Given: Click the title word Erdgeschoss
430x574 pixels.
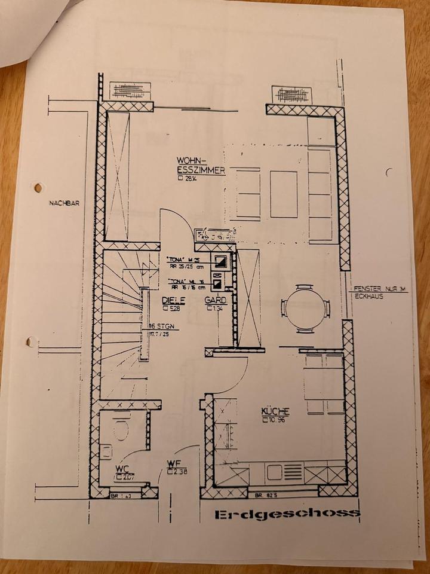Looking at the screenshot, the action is [x=287, y=514].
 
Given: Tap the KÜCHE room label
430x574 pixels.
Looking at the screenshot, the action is [x=275, y=411].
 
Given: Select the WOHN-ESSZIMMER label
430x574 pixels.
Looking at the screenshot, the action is [x=199, y=166].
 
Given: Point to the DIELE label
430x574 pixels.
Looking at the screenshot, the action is [x=173, y=301].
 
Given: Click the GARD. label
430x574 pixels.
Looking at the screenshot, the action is [x=216, y=301].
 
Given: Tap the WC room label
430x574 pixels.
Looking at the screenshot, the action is [x=123, y=468].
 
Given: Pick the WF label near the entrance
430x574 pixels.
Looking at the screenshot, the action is [x=174, y=463].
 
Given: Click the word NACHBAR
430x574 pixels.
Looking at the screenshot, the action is [x=64, y=203].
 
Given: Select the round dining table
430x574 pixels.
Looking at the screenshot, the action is [x=305, y=309].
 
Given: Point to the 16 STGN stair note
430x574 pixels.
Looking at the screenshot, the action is [x=159, y=327].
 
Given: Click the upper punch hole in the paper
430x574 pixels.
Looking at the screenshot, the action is [x=39, y=188].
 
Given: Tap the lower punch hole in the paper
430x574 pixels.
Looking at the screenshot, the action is [x=31, y=342].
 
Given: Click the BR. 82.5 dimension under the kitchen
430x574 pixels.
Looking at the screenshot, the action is [x=267, y=496].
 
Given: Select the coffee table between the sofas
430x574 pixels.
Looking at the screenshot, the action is [x=284, y=194].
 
